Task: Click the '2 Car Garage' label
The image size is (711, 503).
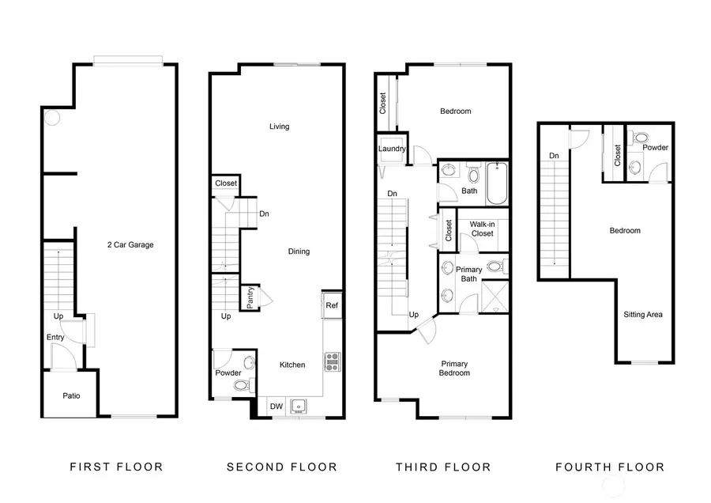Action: [130, 245]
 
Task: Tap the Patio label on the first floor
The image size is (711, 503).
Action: [71, 396]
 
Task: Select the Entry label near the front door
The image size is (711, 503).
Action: [55, 338]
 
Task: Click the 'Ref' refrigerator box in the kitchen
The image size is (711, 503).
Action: [332, 304]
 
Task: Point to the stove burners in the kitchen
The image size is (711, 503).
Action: [332, 361]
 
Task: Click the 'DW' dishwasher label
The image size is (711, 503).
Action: [276, 407]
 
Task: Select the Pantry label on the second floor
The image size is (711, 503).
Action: [250, 297]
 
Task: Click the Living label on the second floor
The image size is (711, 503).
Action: [279, 127]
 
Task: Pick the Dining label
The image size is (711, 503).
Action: [299, 251]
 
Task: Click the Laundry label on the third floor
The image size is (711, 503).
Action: [392, 149]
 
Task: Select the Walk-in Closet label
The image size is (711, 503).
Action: [482, 229]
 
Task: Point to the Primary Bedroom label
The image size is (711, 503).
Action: [454, 369]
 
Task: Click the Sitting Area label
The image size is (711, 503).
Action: [643, 315]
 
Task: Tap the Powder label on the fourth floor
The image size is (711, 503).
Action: [656, 148]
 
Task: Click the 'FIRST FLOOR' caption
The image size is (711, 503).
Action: [117, 467]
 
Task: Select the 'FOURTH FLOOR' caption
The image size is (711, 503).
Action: [609, 467]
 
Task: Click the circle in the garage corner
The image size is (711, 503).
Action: [51, 118]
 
